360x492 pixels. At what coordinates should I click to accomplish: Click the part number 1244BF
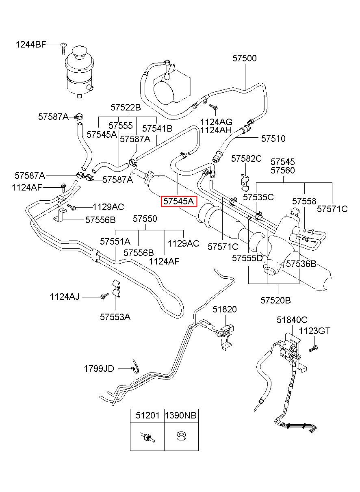click(x=31, y=45)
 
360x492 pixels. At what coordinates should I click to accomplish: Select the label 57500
click(x=245, y=58)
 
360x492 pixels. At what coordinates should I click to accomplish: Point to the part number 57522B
click(x=126, y=107)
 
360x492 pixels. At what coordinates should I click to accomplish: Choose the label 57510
click(x=273, y=139)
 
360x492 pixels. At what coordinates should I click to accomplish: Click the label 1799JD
click(x=99, y=369)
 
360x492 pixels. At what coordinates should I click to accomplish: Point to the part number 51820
click(x=224, y=310)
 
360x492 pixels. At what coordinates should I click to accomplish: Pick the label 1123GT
click(x=314, y=331)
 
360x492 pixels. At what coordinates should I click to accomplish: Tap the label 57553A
click(x=115, y=317)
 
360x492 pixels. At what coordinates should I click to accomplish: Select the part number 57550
click(x=145, y=219)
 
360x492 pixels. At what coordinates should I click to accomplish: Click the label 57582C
click(x=246, y=158)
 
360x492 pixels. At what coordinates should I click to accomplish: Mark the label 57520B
click(x=275, y=300)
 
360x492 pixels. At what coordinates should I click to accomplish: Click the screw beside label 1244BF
click(x=63, y=49)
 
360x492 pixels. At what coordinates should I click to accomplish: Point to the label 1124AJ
click(x=65, y=297)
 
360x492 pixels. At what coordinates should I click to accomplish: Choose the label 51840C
click(x=292, y=320)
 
